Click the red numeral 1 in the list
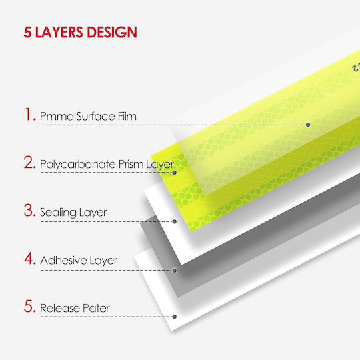coord(28,114)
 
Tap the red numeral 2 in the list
coord(29,162)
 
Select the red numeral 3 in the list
coord(29,210)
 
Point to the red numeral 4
coord(29,258)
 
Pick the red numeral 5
coord(29,306)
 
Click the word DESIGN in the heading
coord(112,32)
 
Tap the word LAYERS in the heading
coord(59,32)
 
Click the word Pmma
coord(57,116)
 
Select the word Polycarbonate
coord(77,165)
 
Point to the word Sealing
coord(58,213)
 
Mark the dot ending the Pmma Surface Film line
coord(308,125)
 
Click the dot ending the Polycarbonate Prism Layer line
coord(175,173)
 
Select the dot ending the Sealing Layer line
coord(175,221)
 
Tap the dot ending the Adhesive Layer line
coord(175,271)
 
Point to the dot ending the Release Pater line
coord(175,317)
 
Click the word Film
coord(127,116)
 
